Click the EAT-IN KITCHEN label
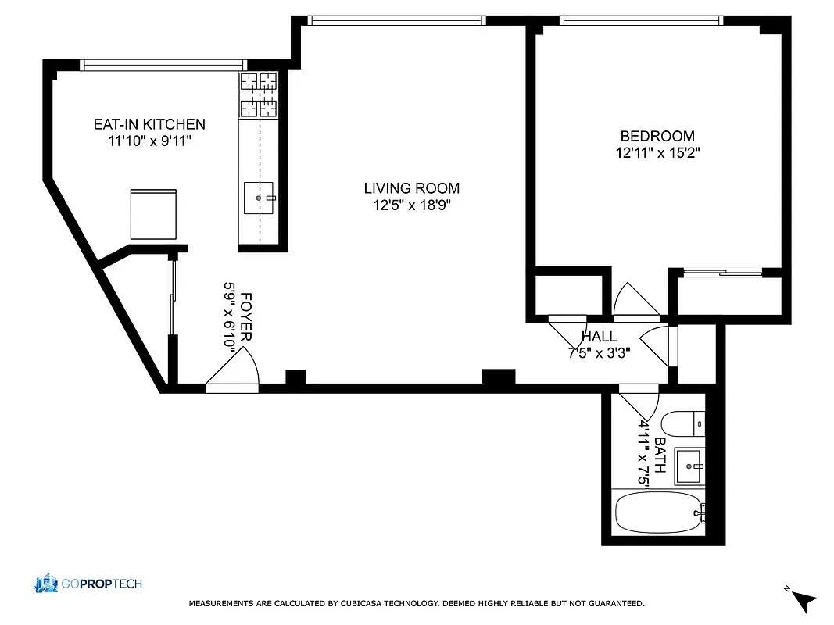coord(149,124)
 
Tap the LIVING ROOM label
coord(411,188)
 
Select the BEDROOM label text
coord(657,137)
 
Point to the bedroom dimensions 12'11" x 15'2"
coord(657,154)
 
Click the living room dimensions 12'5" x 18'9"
coord(411,205)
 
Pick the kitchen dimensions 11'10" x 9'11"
coord(149,141)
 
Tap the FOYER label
coord(246,316)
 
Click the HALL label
coord(599,336)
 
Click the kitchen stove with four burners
coord(258,94)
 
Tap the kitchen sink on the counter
coord(259,198)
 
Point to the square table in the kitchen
coord(153,213)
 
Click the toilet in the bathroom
coord(683,423)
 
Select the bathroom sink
coord(689,466)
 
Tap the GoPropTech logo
coord(88,584)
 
